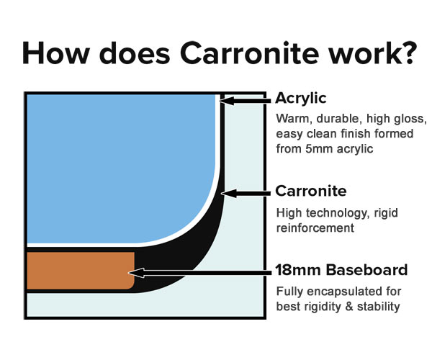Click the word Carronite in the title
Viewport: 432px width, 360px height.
249,53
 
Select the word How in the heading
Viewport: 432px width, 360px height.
56,53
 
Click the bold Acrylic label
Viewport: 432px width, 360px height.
301,99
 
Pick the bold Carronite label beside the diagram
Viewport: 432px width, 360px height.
311,191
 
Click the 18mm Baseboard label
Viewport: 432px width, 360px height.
341,270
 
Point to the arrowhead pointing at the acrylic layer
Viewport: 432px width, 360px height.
227,101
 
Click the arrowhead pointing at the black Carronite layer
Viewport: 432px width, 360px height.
229,194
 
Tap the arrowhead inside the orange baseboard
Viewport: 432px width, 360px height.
136,273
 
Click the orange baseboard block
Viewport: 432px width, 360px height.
81,271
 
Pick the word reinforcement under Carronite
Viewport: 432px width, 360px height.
315,228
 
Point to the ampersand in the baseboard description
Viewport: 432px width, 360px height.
349,307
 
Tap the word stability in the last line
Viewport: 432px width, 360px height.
378,307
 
